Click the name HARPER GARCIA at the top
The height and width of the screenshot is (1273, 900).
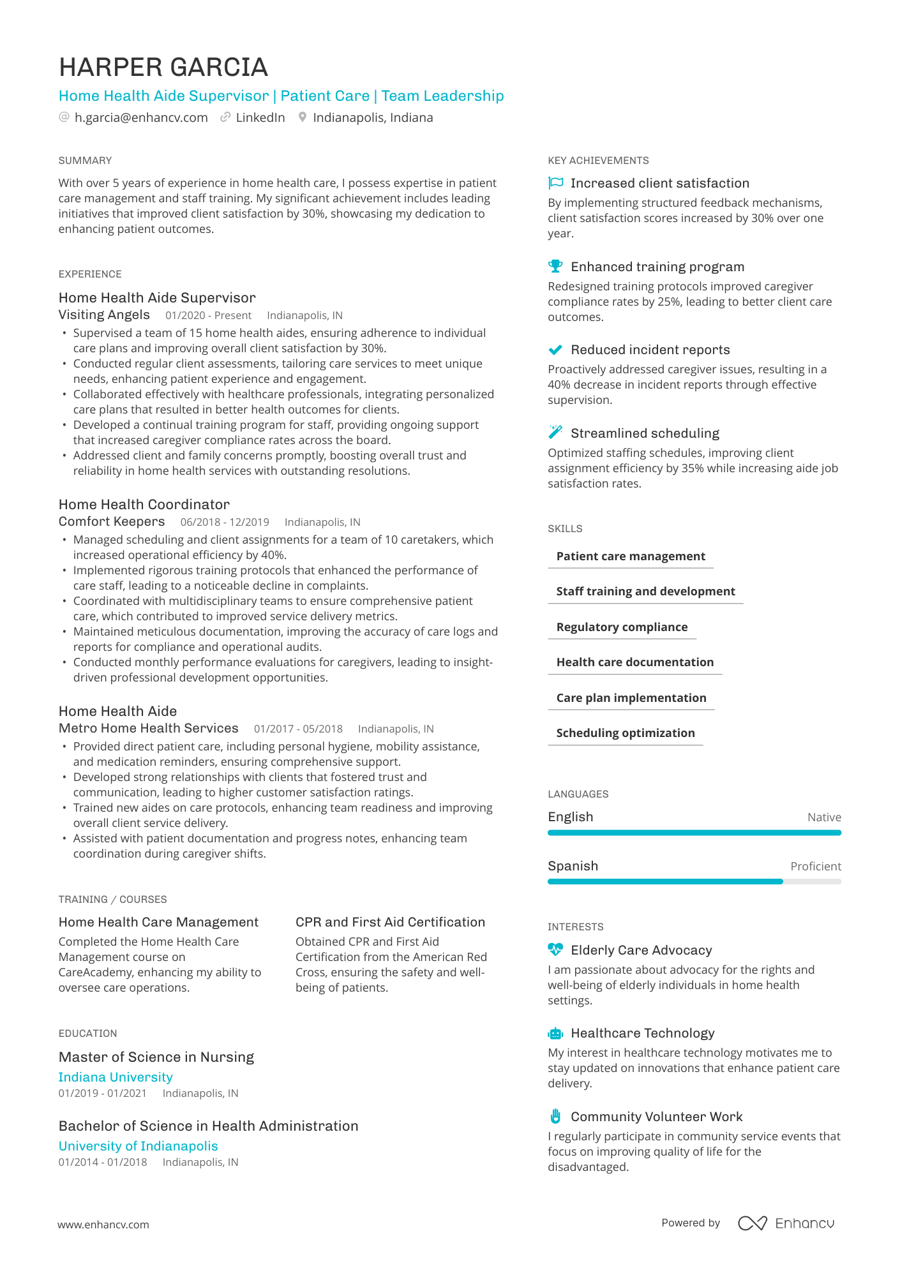pos(163,68)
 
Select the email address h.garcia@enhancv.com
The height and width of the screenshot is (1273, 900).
pos(141,117)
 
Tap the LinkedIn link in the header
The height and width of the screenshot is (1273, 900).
pos(260,117)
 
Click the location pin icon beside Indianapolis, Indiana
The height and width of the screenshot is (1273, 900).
pos(303,117)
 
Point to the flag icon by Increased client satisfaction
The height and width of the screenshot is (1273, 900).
pos(555,183)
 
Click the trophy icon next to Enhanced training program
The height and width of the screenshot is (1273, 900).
pos(555,266)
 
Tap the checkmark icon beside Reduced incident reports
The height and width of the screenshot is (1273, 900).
pos(555,350)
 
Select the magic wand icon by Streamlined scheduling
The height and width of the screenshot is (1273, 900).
pos(555,433)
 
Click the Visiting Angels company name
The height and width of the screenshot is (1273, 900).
pos(104,315)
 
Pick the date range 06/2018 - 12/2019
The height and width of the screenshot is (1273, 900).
pos(225,522)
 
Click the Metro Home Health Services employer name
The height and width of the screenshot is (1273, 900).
pos(148,728)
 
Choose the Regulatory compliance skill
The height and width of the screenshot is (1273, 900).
pos(622,627)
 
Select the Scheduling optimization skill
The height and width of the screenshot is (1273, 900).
pos(626,733)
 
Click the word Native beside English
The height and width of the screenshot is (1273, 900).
pos(824,817)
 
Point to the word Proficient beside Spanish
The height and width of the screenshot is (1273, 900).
pos(816,866)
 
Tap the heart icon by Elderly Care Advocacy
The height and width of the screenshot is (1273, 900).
pos(555,949)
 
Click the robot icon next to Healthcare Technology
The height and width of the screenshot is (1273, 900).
pos(555,1033)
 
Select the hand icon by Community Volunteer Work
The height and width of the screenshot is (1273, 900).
pos(555,1116)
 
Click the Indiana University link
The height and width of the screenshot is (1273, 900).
pos(116,1077)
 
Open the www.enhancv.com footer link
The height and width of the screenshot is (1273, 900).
pos(103,1225)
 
